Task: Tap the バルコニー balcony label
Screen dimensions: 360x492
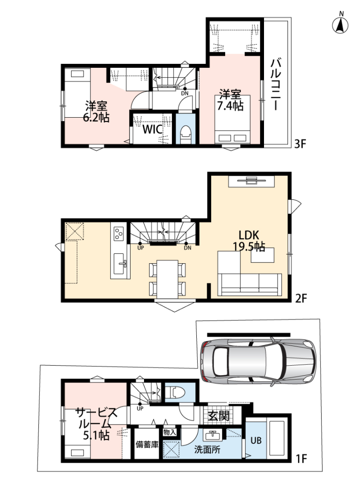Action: coord(276,84)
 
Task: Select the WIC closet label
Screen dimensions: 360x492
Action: coord(153,129)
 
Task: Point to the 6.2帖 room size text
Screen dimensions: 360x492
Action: coord(96,117)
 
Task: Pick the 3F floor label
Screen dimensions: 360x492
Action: coord(300,144)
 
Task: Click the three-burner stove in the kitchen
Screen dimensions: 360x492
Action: coord(119,234)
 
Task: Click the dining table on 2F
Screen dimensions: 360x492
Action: coord(167,279)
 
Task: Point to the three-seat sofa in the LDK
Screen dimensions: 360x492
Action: coord(250,284)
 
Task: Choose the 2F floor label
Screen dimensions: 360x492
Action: coord(301,298)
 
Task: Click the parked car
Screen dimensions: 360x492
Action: coord(258,361)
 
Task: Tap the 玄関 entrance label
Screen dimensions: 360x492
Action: coord(218,416)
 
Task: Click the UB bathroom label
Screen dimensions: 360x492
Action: coord(256,441)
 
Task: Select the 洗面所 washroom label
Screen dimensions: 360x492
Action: coord(207,450)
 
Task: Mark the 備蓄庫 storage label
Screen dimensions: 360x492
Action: coord(147,444)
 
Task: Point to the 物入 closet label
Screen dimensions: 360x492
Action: coord(169,432)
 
